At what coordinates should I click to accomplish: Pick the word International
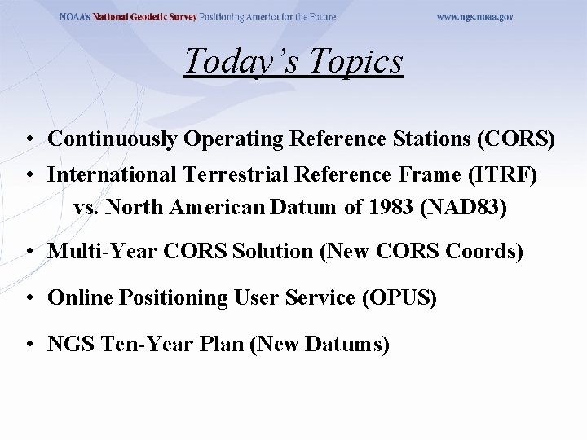pos(104,174)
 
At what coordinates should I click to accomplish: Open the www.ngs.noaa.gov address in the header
pos(475,17)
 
